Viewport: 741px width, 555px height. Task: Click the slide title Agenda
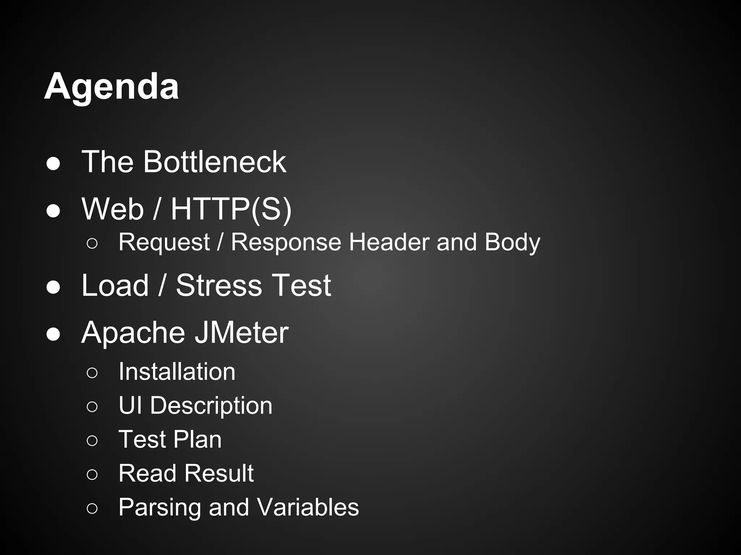pyautogui.click(x=111, y=87)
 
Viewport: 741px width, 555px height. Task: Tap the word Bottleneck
pyautogui.click(x=215, y=162)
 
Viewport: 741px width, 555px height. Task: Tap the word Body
pyautogui.click(x=512, y=243)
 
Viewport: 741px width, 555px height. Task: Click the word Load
pyautogui.click(x=115, y=285)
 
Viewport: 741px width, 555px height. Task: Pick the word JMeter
pyautogui.click(x=242, y=332)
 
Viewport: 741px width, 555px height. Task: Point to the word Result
pyautogui.click(x=220, y=473)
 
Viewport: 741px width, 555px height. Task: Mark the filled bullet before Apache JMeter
pyautogui.click(x=53, y=334)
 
